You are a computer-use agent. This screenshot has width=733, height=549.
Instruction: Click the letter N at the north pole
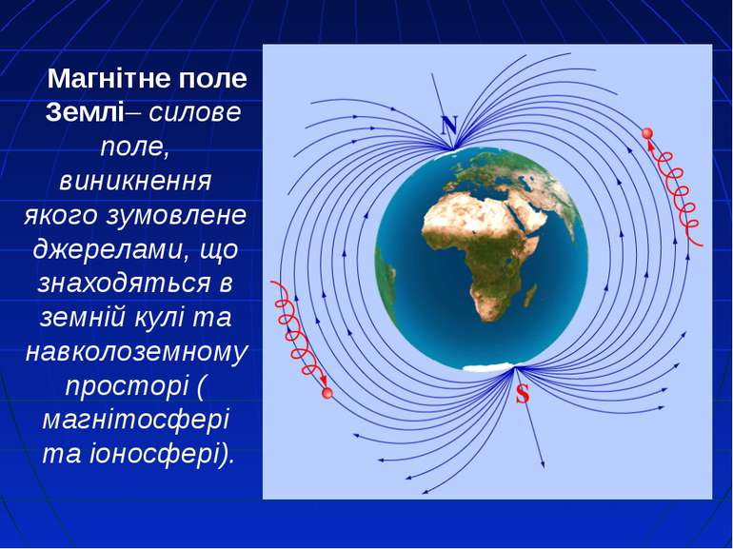[448, 126]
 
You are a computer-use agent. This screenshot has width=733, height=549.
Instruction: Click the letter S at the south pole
[522, 394]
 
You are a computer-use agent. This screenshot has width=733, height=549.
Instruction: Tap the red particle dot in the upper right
[647, 133]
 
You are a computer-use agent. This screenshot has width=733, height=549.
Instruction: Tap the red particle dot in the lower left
[327, 393]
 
